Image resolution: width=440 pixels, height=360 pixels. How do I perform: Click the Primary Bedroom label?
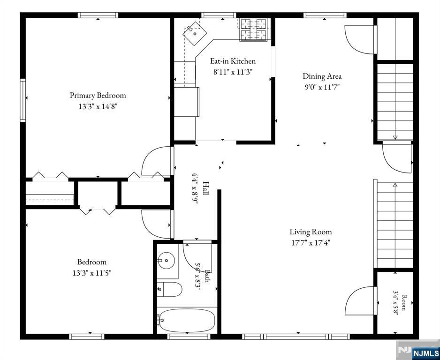98,95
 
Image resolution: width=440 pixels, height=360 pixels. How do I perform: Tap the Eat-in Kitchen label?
233,61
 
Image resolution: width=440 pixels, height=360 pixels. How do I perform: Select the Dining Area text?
322,76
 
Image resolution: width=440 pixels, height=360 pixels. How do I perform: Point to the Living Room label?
311,232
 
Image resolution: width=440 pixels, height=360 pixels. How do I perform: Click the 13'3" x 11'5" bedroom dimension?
92,273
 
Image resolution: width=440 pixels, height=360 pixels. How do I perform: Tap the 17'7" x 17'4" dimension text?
311,243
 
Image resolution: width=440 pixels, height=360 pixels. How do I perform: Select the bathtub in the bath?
186,321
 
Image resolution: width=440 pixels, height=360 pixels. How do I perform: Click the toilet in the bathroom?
169,289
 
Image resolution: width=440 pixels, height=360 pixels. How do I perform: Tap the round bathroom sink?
166,261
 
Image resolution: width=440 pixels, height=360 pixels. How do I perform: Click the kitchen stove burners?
253,30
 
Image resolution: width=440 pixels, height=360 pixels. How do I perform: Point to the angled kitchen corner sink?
195,34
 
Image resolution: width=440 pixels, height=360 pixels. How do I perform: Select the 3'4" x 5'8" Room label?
400,302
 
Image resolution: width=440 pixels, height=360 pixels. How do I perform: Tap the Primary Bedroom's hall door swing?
156,160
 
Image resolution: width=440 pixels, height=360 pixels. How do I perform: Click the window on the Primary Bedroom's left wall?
23,100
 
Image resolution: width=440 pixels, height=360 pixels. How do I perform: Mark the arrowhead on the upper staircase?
395,137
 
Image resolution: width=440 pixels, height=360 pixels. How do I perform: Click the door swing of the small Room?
360,300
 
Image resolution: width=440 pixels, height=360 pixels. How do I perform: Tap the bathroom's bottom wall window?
189,337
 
